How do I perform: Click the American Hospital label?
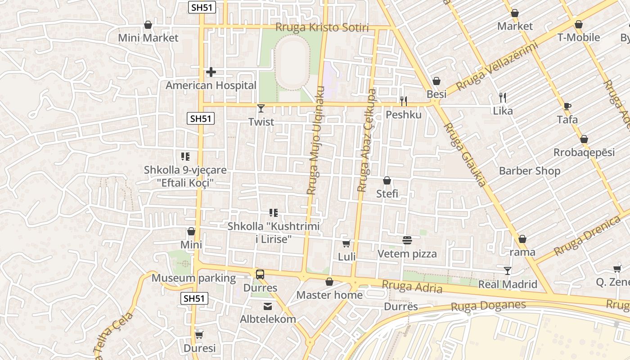211,85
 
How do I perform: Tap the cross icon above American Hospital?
211,72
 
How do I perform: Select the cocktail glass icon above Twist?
261,108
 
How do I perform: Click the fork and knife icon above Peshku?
404,101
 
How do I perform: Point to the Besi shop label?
436,94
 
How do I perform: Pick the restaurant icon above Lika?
503,97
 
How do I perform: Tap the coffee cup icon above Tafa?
567,107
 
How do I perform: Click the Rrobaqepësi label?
584,153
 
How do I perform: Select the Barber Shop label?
530,171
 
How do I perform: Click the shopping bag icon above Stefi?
387,181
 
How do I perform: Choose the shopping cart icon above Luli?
346,243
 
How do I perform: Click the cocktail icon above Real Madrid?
508,270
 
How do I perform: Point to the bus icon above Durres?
260,274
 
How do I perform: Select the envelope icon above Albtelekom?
268,306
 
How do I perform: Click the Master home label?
329,295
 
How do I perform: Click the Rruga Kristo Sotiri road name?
322,28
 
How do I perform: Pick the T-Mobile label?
579,38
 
